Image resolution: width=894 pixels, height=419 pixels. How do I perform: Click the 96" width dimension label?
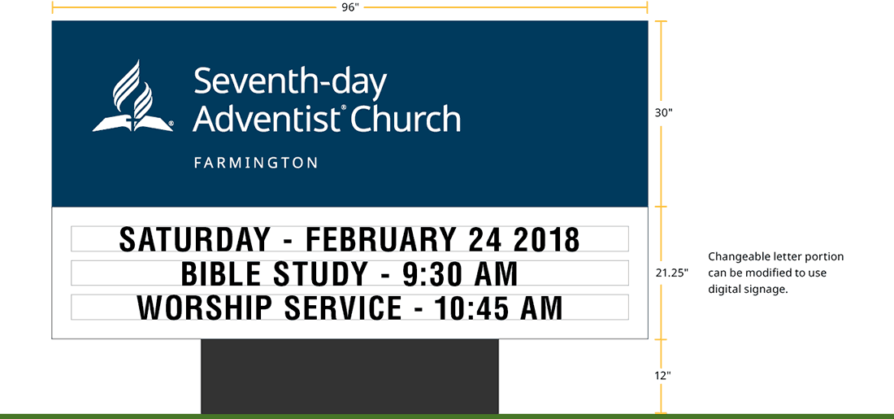[x=349, y=7]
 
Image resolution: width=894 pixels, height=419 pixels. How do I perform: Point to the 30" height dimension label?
[x=664, y=113]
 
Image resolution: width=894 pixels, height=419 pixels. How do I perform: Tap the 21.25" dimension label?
[x=671, y=273]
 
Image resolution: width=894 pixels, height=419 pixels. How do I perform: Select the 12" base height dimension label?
[x=662, y=376]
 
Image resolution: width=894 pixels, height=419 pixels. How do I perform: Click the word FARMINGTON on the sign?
[x=255, y=163]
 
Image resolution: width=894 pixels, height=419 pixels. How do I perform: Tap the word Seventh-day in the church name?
[x=289, y=83]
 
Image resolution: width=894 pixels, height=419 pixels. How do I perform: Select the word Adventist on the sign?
[x=265, y=119]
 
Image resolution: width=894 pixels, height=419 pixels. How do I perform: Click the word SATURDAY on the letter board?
[x=194, y=240]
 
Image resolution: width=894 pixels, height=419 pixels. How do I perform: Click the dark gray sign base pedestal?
[x=349, y=376]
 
